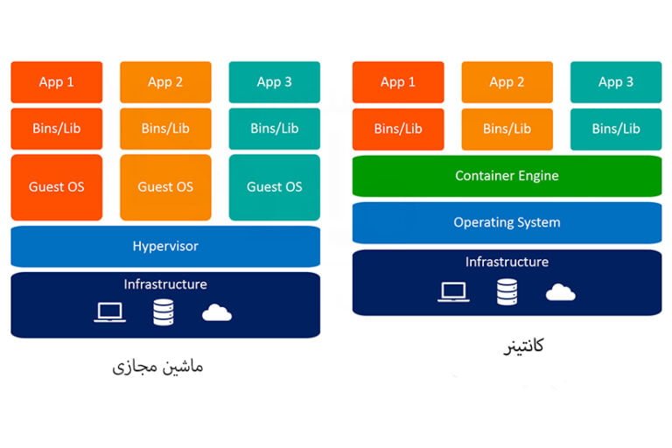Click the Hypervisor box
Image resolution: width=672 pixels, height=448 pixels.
[165, 246]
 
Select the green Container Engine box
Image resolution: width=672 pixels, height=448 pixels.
[507, 176]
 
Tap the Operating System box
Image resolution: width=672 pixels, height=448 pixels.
[507, 222]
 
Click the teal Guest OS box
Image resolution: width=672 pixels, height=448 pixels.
[274, 186]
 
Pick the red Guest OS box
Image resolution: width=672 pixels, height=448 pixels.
[56, 186]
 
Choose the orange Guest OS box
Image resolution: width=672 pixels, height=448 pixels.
[165, 186]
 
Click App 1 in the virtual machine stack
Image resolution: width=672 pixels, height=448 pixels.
[56, 82]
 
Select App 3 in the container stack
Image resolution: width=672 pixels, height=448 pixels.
[616, 82]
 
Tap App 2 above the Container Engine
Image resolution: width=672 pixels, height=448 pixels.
[507, 82]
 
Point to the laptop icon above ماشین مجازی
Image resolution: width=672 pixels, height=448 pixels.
[110, 312]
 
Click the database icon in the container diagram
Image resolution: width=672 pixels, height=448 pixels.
[507, 292]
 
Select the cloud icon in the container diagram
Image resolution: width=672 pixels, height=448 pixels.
[560, 292]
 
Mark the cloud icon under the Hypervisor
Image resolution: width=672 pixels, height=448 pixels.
[217, 312]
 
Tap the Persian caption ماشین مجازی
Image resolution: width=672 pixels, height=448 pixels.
[158, 366]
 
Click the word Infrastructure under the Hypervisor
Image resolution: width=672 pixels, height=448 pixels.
[165, 284]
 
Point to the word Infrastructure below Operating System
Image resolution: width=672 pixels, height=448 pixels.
[507, 262]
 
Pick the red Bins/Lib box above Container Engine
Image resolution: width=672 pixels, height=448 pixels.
[397, 129]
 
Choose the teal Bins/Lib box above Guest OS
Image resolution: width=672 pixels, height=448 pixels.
[274, 129]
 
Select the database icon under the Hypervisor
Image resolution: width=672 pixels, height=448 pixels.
[164, 312]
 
